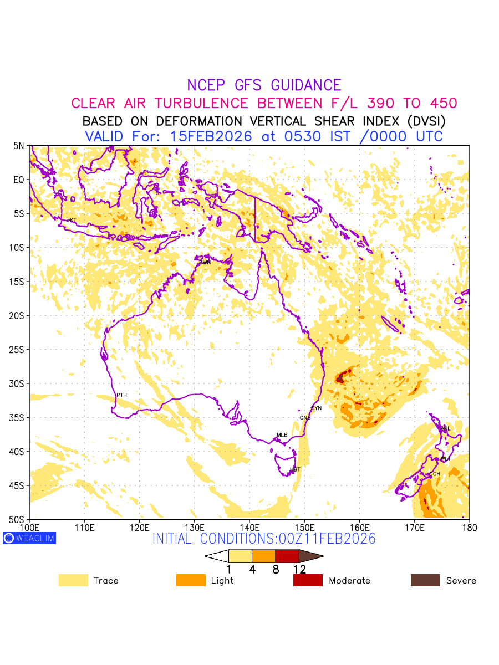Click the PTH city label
coord(121,395)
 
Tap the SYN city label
coord(317,408)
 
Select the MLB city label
coord(282,435)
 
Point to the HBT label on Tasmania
coord(295,470)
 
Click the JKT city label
coord(72,221)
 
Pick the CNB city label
coord(305,418)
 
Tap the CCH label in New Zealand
coord(434,474)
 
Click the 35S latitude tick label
coord(19,418)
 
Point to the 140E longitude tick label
coord(249,527)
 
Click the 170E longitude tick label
coord(415,527)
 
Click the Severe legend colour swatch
coord(425,580)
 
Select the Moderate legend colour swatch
coord(308,580)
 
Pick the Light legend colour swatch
coord(191,580)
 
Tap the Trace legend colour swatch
coord(73,580)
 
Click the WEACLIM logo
coord(29,538)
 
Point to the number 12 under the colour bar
coord(299,569)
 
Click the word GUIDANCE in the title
coord(305,85)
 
